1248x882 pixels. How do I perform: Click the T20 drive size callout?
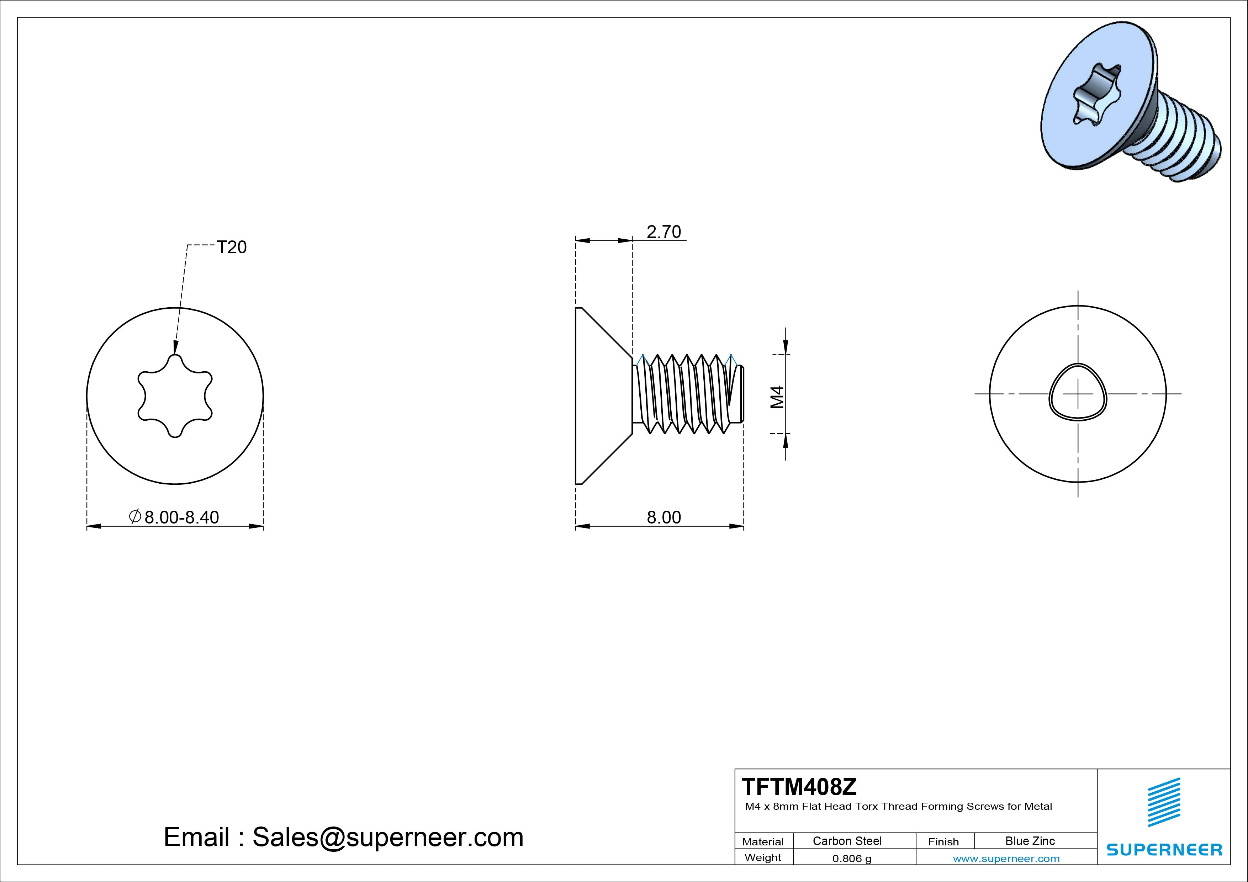pyautogui.click(x=232, y=247)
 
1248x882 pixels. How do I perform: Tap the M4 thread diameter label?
pyautogui.click(x=778, y=397)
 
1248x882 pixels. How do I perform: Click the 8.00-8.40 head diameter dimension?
pyautogui.click(x=181, y=517)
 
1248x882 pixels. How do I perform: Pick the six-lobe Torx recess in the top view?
pyautogui.click(x=175, y=395)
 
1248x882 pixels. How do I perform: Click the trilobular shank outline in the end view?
pyautogui.click(x=1077, y=392)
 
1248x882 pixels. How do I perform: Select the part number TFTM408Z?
pyautogui.click(x=799, y=786)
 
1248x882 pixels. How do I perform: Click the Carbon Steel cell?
pyautogui.click(x=847, y=841)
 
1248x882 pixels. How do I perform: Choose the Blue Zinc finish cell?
pyautogui.click(x=1030, y=841)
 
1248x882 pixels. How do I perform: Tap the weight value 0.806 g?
pyautogui.click(x=852, y=859)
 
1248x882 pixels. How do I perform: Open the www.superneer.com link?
pyautogui.click(x=1006, y=859)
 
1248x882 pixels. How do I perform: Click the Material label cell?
pyautogui.click(x=763, y=842)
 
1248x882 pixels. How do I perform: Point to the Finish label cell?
pyautogui.click(x=943, y=842)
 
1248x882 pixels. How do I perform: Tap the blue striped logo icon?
pyautogui.click(x=1164, y=802)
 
